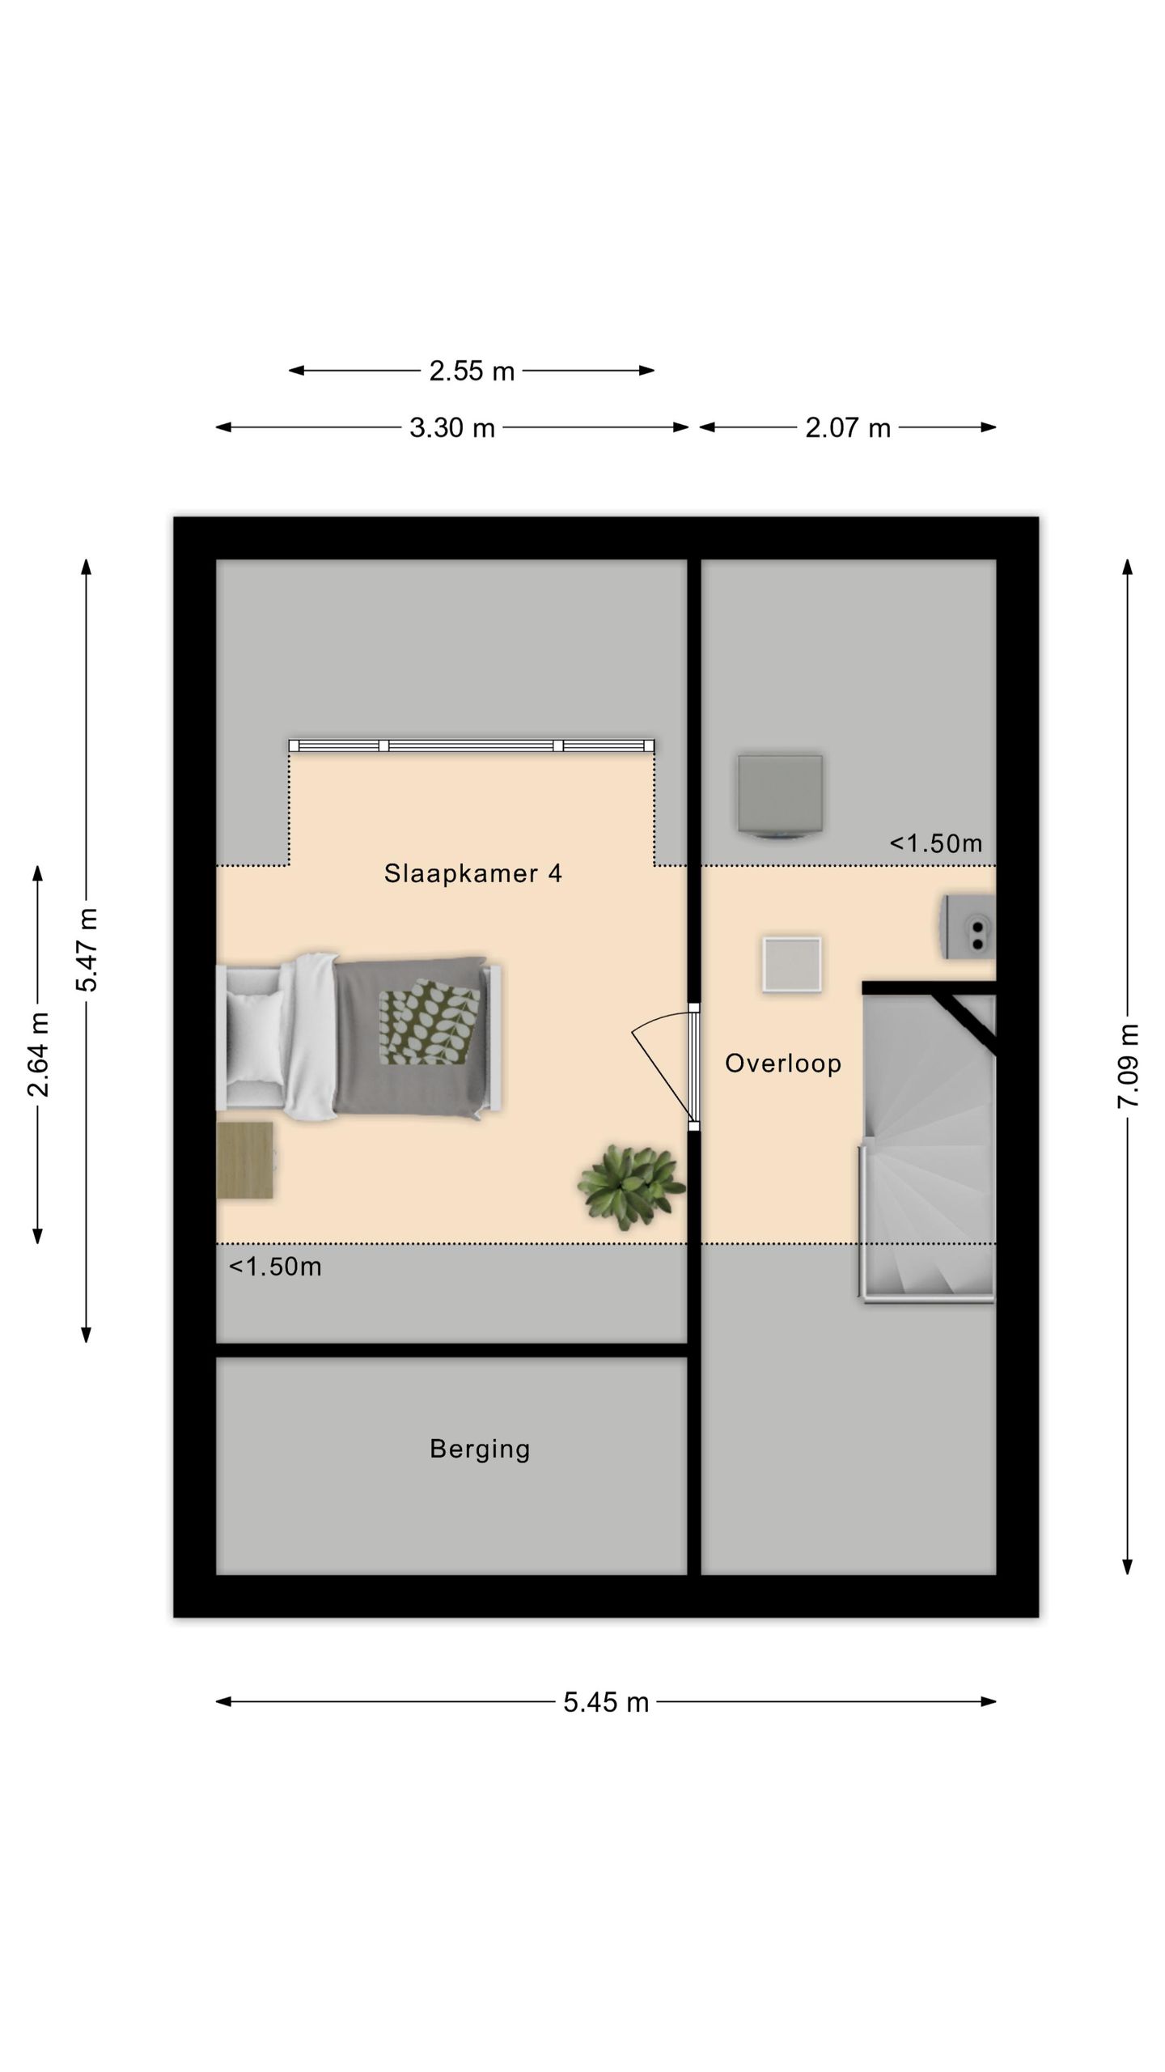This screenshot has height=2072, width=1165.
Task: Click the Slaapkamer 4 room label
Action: (x=472, y=873)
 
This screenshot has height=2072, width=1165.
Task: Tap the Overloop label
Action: (x=782, y=1063)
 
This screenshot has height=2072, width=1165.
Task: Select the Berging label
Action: (x=480, y=1448)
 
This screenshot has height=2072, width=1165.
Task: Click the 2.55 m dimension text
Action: (x=472, y=371)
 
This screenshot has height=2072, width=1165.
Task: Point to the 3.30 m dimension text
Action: (x=451, y=427)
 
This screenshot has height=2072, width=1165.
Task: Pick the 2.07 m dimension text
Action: (x=847, y=427)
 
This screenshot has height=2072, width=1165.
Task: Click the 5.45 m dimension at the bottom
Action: (x=606, y=1702)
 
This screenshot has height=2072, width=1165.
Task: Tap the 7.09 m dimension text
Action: (x=1129, y=1066)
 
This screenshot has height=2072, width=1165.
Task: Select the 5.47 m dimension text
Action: (x=87, y=949)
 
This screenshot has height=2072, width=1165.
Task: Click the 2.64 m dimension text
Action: (x=38, y=1054)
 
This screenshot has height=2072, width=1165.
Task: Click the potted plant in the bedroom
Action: (x=631, y=1187)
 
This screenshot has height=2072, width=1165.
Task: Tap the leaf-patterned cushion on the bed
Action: (x=430, y=1022)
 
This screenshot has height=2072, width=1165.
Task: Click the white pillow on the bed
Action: (x=255, y=1036)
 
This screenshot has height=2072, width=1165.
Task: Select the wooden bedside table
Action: (x=245, y=1160)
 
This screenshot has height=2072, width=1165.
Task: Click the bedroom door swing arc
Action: (x=659, y=1052)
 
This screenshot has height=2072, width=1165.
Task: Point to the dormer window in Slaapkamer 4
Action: (x=472, y=745)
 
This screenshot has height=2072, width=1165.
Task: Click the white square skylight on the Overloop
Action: (x=791, y=964)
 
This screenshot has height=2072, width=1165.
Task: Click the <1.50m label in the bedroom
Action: (x=275, y=1267)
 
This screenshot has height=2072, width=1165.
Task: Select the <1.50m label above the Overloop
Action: (x=936, y=843)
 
